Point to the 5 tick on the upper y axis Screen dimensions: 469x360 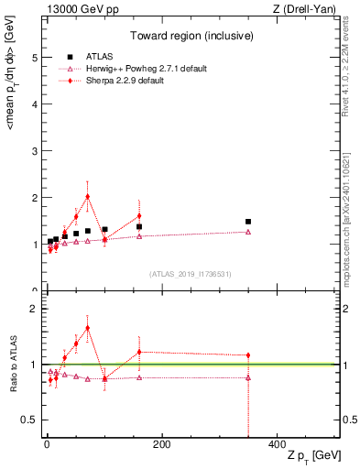click(36, 57)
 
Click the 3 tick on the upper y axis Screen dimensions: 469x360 click(36, 151)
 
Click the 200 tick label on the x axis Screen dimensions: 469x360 click(161, 443)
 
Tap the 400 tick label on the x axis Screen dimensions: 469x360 click(277, 443)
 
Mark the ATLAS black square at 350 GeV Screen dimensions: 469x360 click(248, 222)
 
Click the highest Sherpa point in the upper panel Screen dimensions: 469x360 click(87, 196)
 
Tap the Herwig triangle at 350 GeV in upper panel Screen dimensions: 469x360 click(248, 232)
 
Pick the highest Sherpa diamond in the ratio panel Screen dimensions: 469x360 click(87, 328)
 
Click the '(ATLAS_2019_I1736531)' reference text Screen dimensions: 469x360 click(189, 274)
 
